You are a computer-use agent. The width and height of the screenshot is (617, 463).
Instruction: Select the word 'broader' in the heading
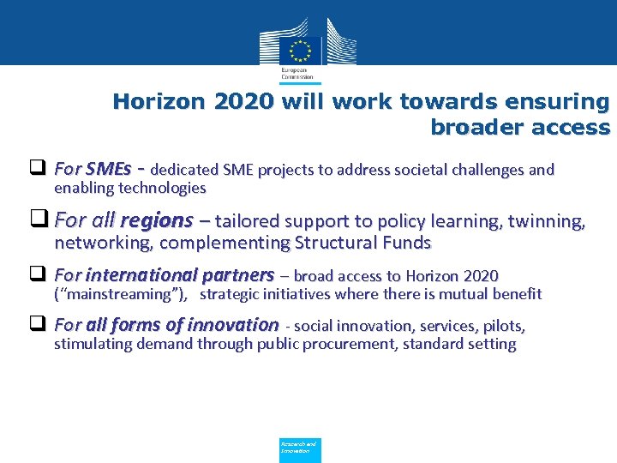pyautogui.click(x=474, y=128)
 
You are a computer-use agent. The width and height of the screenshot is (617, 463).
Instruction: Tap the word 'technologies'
pyautogui.click(x=163, y=188)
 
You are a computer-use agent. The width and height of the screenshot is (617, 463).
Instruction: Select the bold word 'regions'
pyautogui.click(x=157, y=220)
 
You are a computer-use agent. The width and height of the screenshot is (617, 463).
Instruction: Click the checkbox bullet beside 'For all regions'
pyautogui.click(x=38, y=220)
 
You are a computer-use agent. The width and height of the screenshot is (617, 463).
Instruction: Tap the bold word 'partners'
pyautogui.click(x=239, y=275)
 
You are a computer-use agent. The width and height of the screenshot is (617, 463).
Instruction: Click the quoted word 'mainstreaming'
pyautogui.click(x=118, y=294)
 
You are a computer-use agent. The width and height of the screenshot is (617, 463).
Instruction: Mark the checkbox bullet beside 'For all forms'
pyautogui.click(x=37, y=325)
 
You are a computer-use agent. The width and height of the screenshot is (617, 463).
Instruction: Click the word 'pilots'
pyautogui.click(x=503, y=326)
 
